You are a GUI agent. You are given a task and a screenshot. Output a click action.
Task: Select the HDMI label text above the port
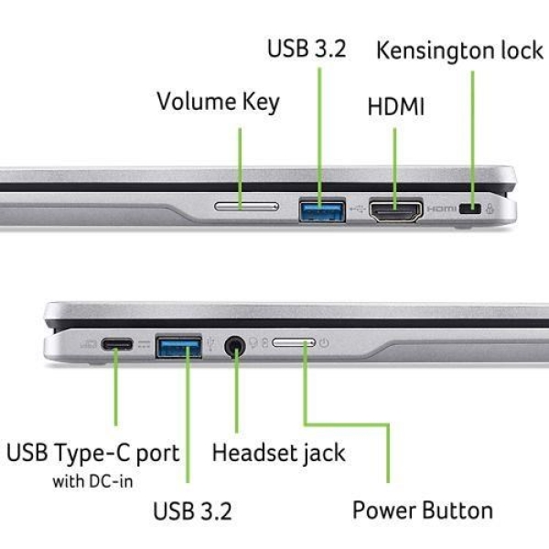click(x=396, y=106)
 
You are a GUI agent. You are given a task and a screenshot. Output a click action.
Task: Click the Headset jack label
click(x=278, y=453)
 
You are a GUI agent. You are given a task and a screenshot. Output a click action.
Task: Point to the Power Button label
click(x=423, y=510)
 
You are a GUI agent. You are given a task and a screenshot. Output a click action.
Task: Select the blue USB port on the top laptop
click(x=322, y=210)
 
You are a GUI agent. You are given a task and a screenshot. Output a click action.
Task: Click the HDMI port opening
click(x=394, y=210)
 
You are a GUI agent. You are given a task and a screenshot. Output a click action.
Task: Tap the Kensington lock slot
click(x=472, y=210)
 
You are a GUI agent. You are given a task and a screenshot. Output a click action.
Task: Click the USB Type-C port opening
click(x=116, y=345)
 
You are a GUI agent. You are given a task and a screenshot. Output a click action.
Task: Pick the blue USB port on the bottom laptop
click(x=179, y=347)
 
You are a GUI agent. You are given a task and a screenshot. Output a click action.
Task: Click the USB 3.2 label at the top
click(x=307, y=48)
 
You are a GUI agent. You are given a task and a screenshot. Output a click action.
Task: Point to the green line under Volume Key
click(x=241, y=165)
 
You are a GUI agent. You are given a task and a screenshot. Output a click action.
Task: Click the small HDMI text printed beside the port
click(x=442, y=210)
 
